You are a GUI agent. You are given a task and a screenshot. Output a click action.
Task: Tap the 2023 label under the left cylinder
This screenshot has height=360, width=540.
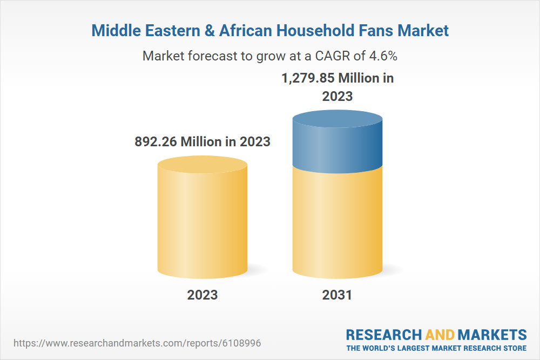[202, 295]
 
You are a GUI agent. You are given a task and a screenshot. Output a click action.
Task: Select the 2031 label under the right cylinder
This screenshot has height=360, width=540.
[337, 295]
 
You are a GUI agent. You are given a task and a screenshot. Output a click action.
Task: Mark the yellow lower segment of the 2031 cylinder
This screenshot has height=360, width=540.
[337, 221]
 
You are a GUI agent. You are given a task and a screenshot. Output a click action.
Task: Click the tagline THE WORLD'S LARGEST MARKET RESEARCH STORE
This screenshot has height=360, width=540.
[436, 348]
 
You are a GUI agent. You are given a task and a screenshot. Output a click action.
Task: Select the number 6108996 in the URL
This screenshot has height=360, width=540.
[246, 343]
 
